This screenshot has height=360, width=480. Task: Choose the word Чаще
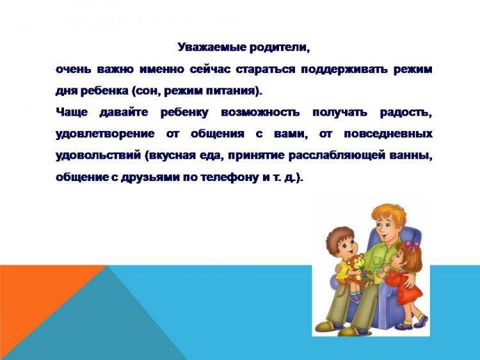pyautogui.click(x=72, y=113)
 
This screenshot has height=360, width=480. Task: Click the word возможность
pyautogui.click(x=260, y=113)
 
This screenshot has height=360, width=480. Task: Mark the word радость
pyautogui.click(x=406, y=113)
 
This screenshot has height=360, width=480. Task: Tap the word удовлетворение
pyautogui.click(x=105, y=134)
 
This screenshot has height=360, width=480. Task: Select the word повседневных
pyautogui.click(x=388, y=134)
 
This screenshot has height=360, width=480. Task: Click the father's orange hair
pyautogui.click(x=387, y=214)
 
